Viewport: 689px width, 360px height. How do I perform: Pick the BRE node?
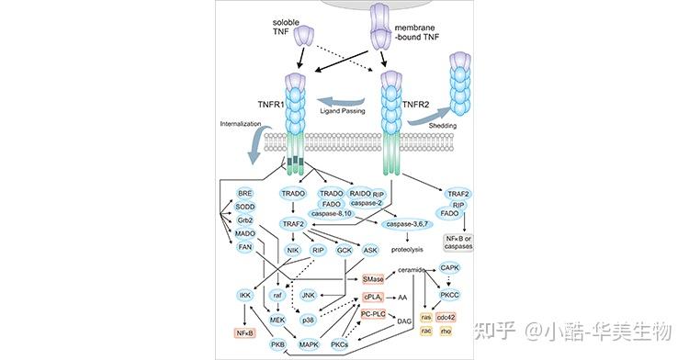pos(245,194)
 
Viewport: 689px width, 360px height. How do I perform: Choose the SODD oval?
pos(245,208)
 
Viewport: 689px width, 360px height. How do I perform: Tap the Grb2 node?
pos(245,221)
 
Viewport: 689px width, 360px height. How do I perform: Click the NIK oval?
pos(294,249)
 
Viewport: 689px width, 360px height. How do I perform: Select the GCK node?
pos(344,249)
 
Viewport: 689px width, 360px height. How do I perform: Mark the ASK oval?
pos(370,249)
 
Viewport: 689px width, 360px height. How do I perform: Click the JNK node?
pos(309,296)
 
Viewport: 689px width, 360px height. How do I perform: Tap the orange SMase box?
pos(372,277)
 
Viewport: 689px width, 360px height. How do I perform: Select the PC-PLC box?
pos(372,315)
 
